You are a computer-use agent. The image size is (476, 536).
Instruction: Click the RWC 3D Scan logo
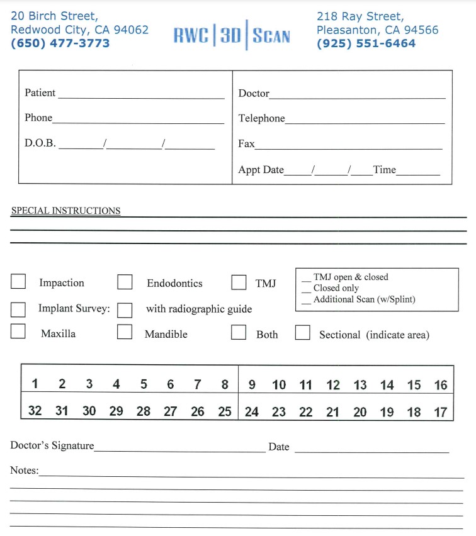pyautogui.click(x=232, y=35)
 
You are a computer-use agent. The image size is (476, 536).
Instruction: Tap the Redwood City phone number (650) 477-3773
pyautogui.click(x=60, y=43)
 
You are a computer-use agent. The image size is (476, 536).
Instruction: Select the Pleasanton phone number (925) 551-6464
pyautogui.click(x=366, y=43)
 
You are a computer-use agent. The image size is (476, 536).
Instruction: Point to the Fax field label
pyautogui.click(x=246, y=143)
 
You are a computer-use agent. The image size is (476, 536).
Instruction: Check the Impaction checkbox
pyautogui.click(x=18, y=282)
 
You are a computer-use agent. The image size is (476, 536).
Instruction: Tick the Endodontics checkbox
pyautogui.click(x=125, y=282)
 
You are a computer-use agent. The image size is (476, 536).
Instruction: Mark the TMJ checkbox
pyautogui.click(x=239, y=282)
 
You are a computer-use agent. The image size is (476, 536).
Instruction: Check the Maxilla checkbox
pyautogui.click(x=18, y=332)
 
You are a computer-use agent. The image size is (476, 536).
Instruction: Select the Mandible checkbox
pyautogui.click(x=125, y=332)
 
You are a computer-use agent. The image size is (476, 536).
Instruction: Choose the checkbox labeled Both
pyautogui.click(x=239, y=332)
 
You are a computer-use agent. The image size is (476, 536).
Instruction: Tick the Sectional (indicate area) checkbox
pyautogui.click(x=303, y=332)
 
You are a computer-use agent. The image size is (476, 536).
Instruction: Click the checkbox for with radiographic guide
pyautogui.click(x=125, y=310)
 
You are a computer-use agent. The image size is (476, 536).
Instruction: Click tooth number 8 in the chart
pyautogui.click(x=225, y=384)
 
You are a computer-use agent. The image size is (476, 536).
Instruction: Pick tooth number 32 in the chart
pyautogui.click(x=35, y=411)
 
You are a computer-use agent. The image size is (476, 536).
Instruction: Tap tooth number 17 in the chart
pyautogui.click(x=441, y=412)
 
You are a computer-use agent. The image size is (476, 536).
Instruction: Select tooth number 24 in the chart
pyautogui.click(x=252, y=412)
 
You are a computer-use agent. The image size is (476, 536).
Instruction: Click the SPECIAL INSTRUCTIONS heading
pyautogui.click(x=65, y=211)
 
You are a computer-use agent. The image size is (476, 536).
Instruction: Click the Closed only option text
pyautogui.click(x=336, y=288)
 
